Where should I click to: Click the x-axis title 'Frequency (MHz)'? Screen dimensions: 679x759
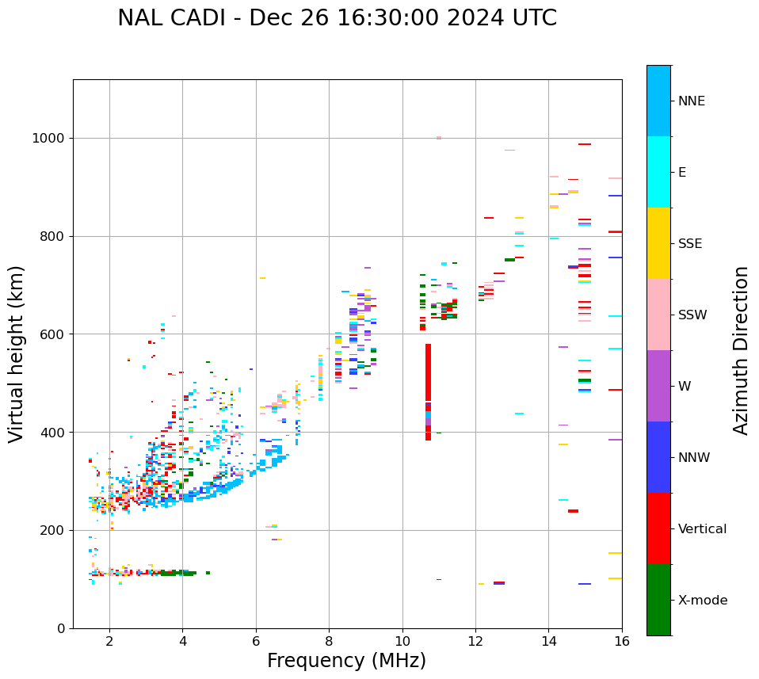click(x=346, y=661)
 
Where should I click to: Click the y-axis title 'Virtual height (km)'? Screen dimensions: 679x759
click(x=17, y=353)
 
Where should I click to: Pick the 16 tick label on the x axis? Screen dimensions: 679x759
click(x=621, y=640)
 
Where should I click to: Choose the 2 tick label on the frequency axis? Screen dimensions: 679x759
click(x=109, y=640)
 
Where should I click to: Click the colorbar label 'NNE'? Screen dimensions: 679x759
click(x=691, y=101)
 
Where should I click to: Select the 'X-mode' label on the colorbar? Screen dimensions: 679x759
click(x=702, y=601)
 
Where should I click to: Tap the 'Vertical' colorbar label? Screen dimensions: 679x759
click(x=702, y=529)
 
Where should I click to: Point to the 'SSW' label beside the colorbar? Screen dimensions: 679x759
click(x=692, y=315)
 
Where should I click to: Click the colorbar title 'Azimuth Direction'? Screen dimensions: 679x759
click(x=742, y=350)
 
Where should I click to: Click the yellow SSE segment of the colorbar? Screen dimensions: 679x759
click(x=658, y=243)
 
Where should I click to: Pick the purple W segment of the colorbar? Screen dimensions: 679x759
click(x=658, y=386)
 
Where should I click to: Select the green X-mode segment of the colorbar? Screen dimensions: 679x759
click(x=658, y=600)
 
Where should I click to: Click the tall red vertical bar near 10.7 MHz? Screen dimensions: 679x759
click(x=428, y=380)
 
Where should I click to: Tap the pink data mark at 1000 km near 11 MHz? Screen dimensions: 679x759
click(x=438, y=138)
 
